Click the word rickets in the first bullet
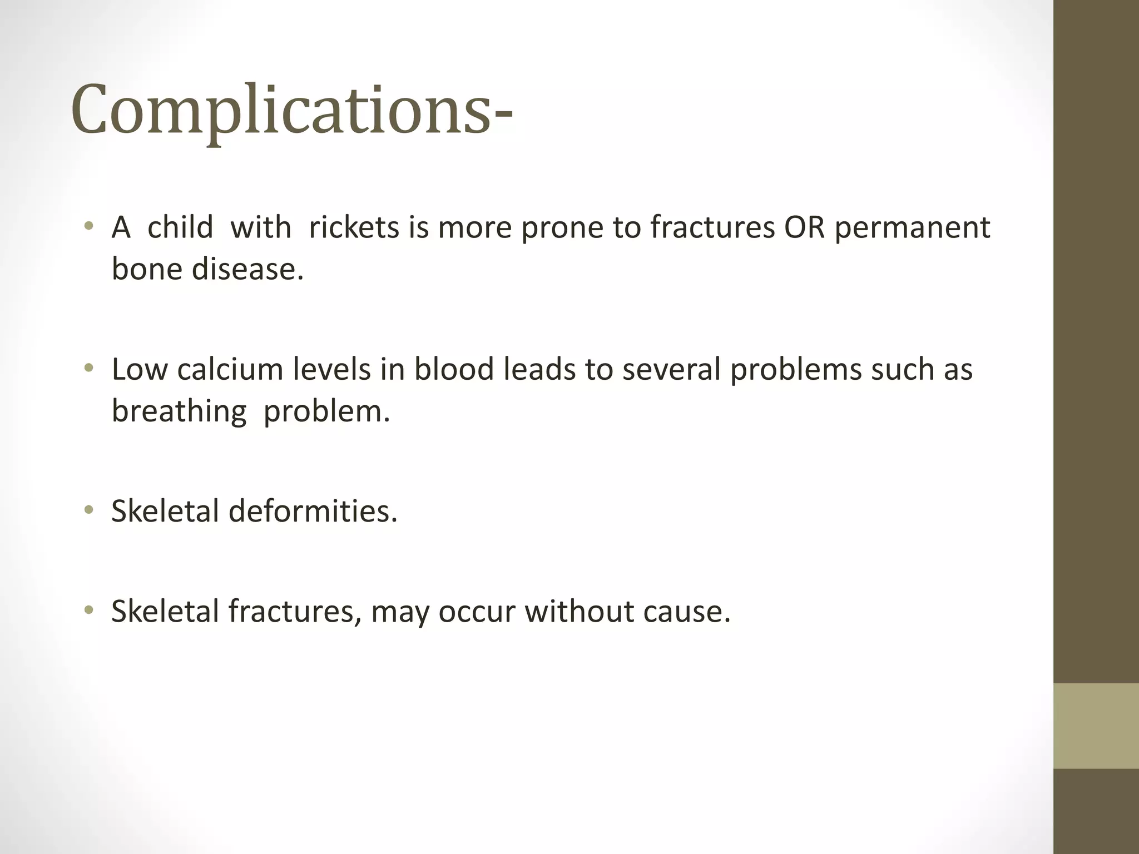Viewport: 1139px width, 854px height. tap(354, 227)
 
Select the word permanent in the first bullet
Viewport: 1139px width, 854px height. tap(912, 227)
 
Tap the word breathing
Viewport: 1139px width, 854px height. tap(179, 411)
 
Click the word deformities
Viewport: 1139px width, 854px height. tap(313, 511)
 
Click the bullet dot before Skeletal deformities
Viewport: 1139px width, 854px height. tap(88, 510)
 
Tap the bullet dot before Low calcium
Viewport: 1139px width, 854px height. tap(88, 368)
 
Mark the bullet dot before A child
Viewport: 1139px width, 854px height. tap(88, 226)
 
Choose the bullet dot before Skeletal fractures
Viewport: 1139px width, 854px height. tap(88, 610)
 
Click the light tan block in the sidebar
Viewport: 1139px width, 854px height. tap(1096, 726)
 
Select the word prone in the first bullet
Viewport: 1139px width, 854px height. tap(562, 227)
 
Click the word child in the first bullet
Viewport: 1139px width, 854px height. tap(180, 227)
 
